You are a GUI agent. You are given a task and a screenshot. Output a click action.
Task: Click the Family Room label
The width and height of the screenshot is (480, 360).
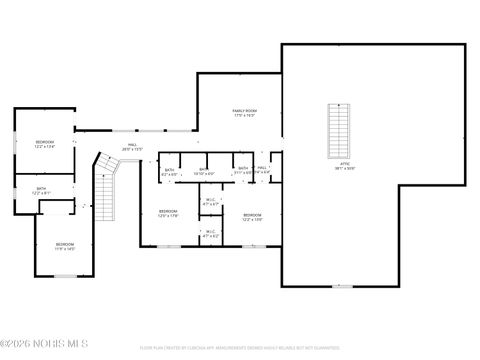[244, 113]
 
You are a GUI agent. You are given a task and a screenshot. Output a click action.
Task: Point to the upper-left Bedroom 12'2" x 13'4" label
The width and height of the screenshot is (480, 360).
[44, 145]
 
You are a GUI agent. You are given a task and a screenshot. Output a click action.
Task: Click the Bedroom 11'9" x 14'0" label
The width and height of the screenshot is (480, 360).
[64, 246]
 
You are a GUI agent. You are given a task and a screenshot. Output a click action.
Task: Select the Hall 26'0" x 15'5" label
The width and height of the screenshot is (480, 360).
[132, 147]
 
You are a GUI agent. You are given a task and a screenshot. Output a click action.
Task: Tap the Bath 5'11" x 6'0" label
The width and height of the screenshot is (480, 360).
[243, 170]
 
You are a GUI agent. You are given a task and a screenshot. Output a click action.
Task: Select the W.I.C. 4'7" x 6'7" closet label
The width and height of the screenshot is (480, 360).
[211, 201]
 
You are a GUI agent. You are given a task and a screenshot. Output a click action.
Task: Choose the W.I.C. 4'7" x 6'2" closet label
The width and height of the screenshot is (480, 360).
[211, 235]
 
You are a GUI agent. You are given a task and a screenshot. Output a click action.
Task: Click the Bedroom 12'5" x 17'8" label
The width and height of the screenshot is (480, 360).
[167, 213]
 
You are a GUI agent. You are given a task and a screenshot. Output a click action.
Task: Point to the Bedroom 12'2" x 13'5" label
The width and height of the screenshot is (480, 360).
[252, 217]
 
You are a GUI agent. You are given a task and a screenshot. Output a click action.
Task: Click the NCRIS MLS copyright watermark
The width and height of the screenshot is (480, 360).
[44, 349]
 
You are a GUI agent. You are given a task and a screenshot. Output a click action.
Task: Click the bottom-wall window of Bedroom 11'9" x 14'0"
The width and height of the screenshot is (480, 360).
[65, 275]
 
